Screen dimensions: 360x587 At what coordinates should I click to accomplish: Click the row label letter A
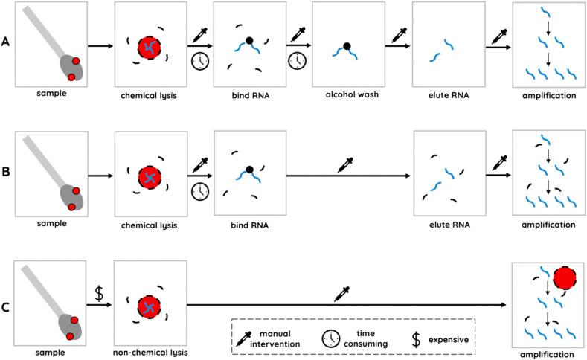tap(6, 41)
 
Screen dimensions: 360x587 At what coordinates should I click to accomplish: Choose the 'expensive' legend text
tap(448, 339)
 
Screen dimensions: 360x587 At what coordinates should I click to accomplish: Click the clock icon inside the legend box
tap(330, 339)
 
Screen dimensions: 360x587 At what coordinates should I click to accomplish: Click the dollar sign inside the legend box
tap(416, 339)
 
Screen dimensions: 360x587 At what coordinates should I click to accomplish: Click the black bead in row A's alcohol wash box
tap(347, 46)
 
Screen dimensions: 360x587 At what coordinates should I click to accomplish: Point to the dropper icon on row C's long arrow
tap(342, 292)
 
